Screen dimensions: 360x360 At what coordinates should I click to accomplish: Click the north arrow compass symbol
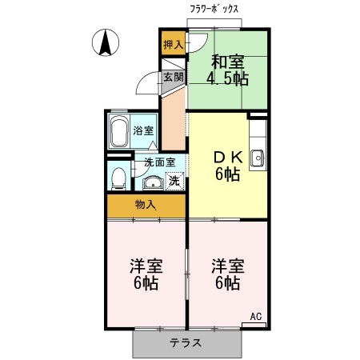pos(104,42)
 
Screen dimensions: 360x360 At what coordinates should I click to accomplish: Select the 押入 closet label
pos(172,45)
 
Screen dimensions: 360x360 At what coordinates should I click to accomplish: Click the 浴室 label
pos(143,130)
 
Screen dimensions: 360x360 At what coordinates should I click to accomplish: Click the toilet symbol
pos(117,176)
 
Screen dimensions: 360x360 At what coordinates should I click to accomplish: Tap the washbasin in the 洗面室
pos(151,180)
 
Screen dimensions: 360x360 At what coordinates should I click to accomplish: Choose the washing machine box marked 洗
pos(174,180)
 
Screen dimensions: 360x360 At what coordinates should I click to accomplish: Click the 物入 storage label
pos(146,206)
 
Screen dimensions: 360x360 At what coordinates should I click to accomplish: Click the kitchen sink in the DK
pos(258,158)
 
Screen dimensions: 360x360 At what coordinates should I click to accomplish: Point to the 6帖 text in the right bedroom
pos(227,283)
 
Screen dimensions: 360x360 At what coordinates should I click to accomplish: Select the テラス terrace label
pos(185,343)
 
